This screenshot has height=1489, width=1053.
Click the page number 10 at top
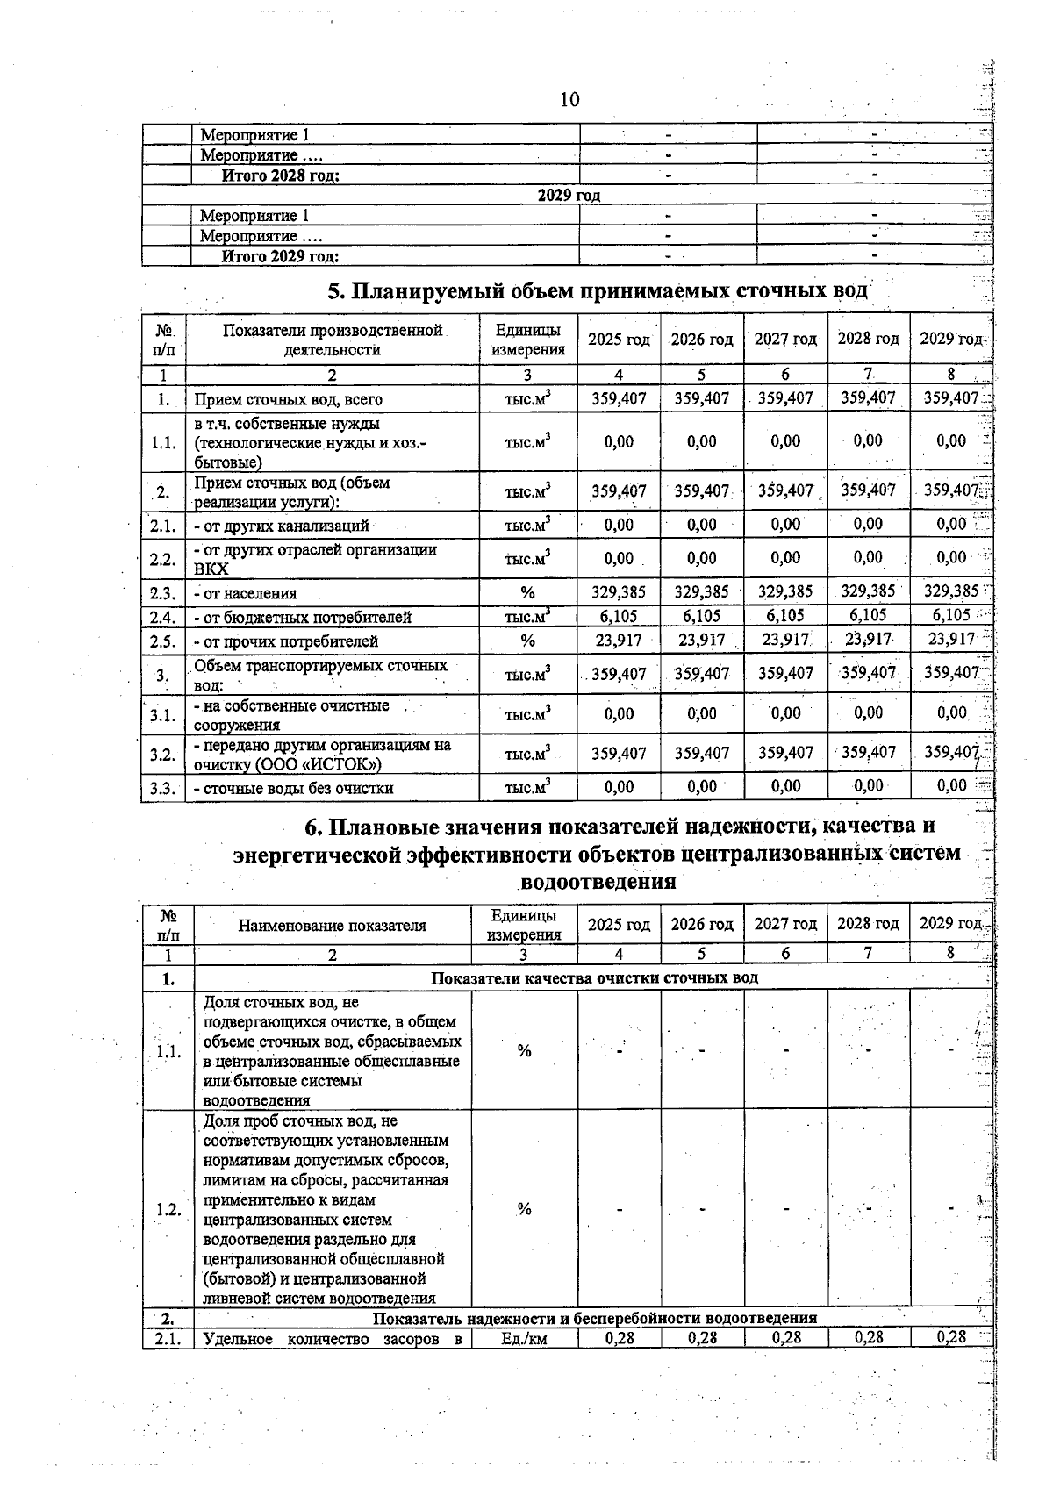click(x=569, y=99)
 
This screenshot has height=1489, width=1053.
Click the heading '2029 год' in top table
click(x=569, y=195)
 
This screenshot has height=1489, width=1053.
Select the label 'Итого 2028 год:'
click(x=280, y=175)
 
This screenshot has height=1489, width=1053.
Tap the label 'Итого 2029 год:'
click(x=280, y=256)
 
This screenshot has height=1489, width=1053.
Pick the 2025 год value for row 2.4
click(x=619, y=616)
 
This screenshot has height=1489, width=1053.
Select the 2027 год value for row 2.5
click(x=785, y=640)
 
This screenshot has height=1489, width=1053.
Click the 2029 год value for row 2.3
click(x=951, y=591)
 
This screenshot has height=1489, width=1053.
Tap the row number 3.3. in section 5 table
click(x=162, y=788)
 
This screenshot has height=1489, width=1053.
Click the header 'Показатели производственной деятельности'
click(x=332, y=340)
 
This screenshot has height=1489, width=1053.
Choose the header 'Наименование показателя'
click(x=332, y=925)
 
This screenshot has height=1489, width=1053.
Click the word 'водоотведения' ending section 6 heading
click(x=598, y=881)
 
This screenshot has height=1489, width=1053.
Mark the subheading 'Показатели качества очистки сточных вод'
click(x=594, y=977)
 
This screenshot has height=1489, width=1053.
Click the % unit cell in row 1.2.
click(x=524, y=1209)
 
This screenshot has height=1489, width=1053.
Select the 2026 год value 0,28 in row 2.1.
click(x=702, y=1338)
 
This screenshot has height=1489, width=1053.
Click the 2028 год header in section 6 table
click(x=868, y=924)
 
